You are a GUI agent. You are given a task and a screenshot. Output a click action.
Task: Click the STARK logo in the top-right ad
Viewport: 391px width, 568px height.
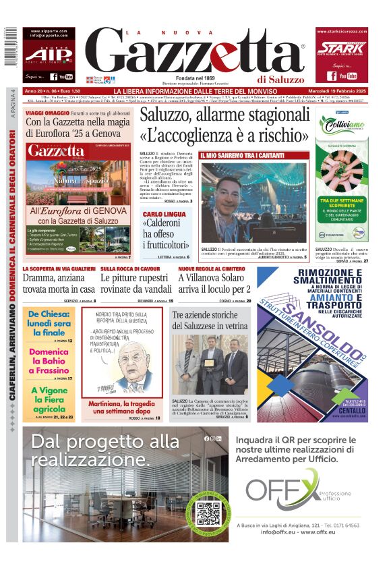pyautogui.click(x=342, y=48)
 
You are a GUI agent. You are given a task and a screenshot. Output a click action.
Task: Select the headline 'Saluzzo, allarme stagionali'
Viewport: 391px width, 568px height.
pyautogui.click(x=224, y=114)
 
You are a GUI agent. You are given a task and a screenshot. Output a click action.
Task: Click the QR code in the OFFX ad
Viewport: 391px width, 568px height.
pyautogui.click(x=208, y=514)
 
